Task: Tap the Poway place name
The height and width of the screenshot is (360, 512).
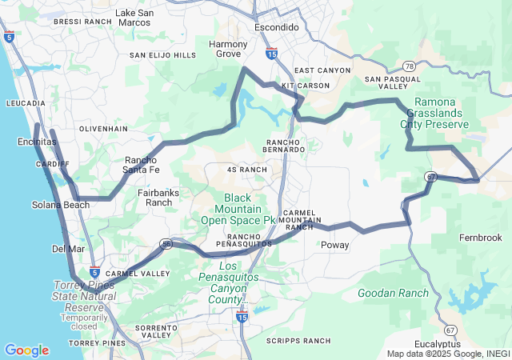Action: (x=334, y=246)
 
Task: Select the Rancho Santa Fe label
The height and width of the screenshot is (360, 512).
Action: (x=141, y=165)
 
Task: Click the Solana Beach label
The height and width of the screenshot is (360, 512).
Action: (x=61, y=205)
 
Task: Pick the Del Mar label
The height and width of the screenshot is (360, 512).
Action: (x=68, y=249)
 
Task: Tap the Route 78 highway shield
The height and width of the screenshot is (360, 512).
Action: (x=409, y=66)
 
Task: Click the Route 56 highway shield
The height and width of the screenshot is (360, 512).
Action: (x=166, y=245)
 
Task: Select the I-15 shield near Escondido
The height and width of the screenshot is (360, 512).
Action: (x=271, y=54)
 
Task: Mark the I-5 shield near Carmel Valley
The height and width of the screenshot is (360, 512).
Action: (x=94, y=272)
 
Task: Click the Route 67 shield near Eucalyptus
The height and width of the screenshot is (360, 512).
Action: (x=451, y=330)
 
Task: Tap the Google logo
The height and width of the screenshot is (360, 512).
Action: (x=26, y=350)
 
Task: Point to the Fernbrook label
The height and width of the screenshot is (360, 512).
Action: (x=480, y=238)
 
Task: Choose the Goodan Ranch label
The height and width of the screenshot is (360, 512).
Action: (x=393, y=294)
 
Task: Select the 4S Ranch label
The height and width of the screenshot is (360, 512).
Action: (x=247, y=170)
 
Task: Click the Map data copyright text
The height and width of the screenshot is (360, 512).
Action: (x=448, y=354)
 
